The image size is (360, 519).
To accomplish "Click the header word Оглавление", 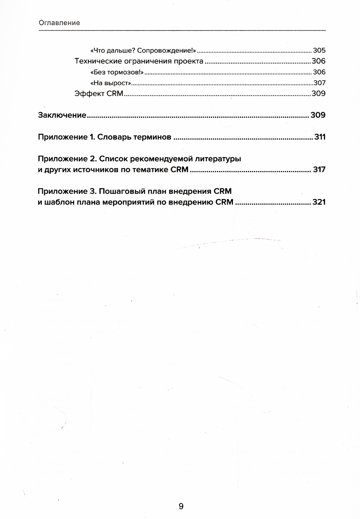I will (59, 23).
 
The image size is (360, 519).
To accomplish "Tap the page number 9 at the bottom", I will (181, 506).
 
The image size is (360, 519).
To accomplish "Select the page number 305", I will (319, 50).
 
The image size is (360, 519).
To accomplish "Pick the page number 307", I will (319, 83).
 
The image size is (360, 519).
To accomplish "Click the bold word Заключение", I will (62, 115).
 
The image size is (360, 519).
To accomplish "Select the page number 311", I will (320, 137).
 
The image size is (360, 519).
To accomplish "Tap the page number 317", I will (319, 170).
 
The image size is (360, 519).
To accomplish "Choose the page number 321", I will (319, 202).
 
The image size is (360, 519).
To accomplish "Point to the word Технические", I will (98, 61).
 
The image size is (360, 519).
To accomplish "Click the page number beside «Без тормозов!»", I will (319, 72).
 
